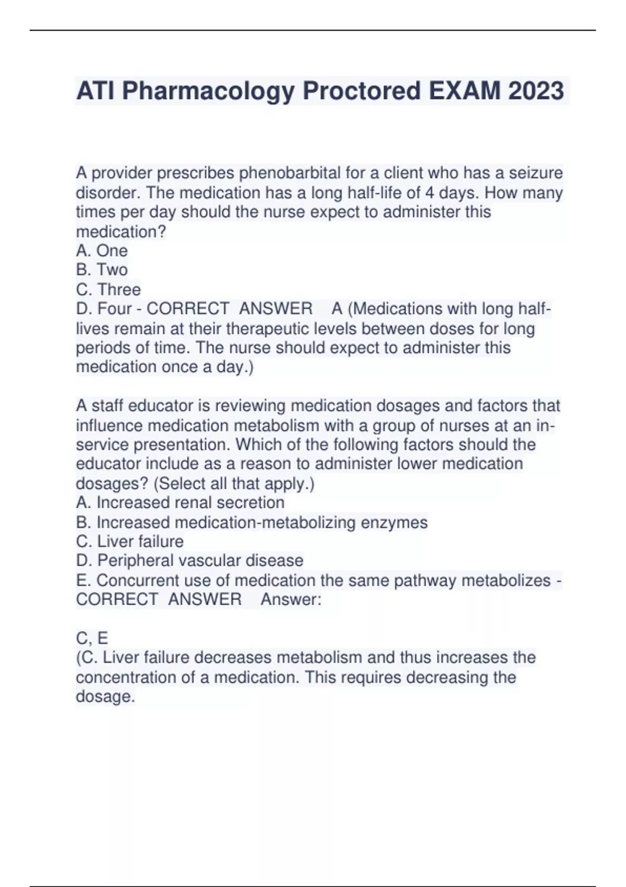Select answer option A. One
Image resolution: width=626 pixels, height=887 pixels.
click(102, 251)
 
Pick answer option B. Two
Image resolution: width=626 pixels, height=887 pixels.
click(102, 270)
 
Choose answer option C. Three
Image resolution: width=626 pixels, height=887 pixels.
click(108, 290)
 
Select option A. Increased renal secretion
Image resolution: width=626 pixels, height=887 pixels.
click(180, 502)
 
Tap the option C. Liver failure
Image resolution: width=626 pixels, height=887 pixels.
click(130, 542)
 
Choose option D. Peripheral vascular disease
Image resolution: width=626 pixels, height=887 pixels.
click(189, 561)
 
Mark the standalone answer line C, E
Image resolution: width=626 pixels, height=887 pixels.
click(92, 638)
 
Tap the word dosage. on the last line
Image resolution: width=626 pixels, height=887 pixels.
click(105, 697)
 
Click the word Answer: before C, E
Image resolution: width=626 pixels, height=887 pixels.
click(291, 600)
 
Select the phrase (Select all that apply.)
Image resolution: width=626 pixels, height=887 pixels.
click(234, 484)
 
